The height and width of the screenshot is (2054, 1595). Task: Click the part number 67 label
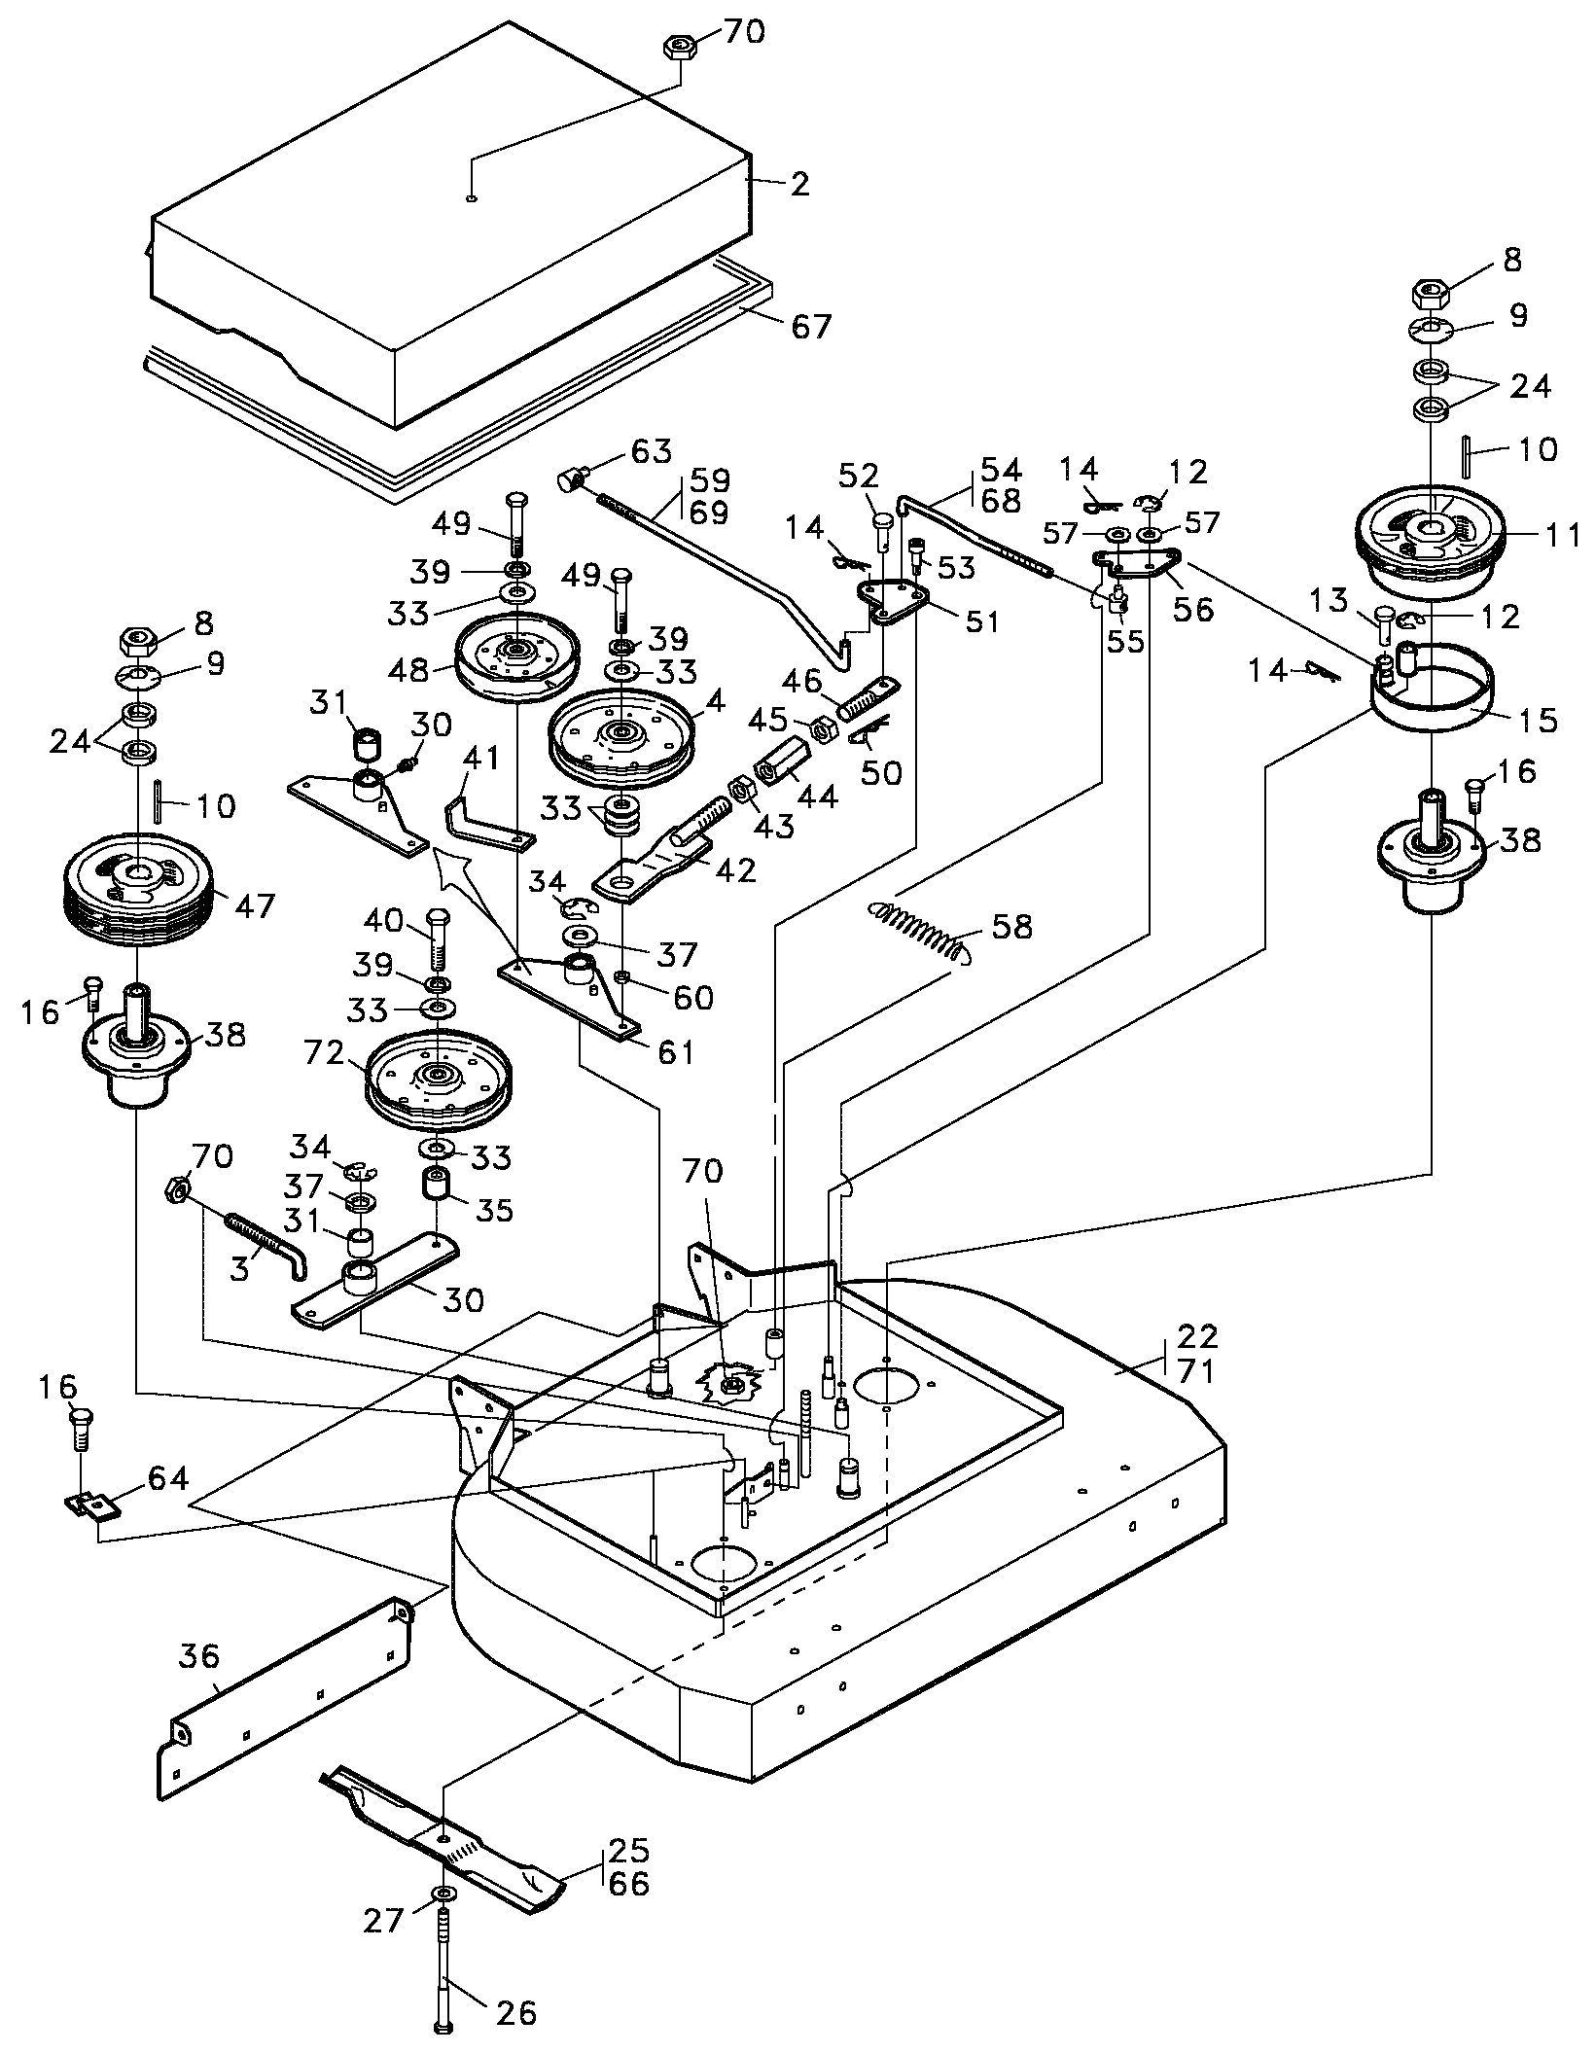point(811,326)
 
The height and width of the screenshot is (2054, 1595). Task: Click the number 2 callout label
point(799,184)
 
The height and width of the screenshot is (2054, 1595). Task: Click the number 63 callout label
point(652,452)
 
